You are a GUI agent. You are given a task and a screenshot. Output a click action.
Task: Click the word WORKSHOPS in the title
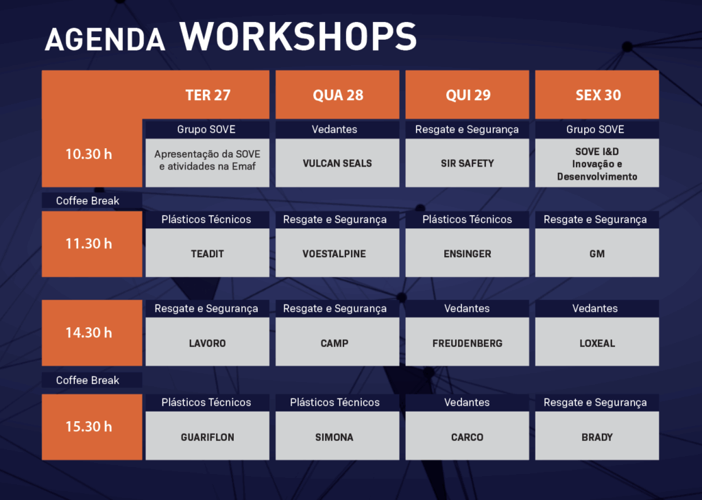(298, 36)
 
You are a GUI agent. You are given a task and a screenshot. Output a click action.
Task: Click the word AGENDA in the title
(105, 39)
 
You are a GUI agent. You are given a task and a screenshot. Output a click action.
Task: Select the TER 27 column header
(208, 95)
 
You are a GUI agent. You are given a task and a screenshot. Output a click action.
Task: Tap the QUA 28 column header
(337, 95)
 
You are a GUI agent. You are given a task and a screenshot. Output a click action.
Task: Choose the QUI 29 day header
(468, 95)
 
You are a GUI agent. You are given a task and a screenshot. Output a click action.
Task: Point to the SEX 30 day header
(597, 95)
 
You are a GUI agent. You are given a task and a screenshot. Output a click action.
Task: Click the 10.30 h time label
(88, 154)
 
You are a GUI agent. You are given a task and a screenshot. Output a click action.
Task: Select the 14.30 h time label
(88, 333)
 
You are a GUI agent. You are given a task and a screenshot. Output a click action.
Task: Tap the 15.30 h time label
(88, 427)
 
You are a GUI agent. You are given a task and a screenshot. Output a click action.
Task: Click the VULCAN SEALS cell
(337, 163)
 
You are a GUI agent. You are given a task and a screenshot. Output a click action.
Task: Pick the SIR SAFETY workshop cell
(468, 163)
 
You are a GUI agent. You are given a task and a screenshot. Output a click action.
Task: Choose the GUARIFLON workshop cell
(208, 436)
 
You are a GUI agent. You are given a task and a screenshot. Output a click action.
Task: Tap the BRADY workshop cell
(597, 436)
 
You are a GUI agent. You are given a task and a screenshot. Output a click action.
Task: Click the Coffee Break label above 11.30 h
(88, 201)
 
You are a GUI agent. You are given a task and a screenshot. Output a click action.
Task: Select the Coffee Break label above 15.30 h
(88, 380)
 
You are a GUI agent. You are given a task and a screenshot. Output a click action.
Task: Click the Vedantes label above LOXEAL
(595, 308)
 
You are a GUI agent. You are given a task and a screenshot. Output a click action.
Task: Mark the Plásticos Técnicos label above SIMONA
(335, 403)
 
